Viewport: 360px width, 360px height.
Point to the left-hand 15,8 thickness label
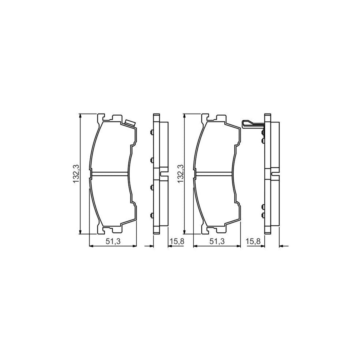176,241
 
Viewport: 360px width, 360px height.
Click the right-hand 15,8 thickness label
256,241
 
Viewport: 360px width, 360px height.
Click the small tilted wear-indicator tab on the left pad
129,122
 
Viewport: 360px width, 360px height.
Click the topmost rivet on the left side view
151,134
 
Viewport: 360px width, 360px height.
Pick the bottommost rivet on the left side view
151,214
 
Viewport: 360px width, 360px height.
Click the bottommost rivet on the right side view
262,215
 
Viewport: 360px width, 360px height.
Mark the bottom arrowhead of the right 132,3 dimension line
184,232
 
